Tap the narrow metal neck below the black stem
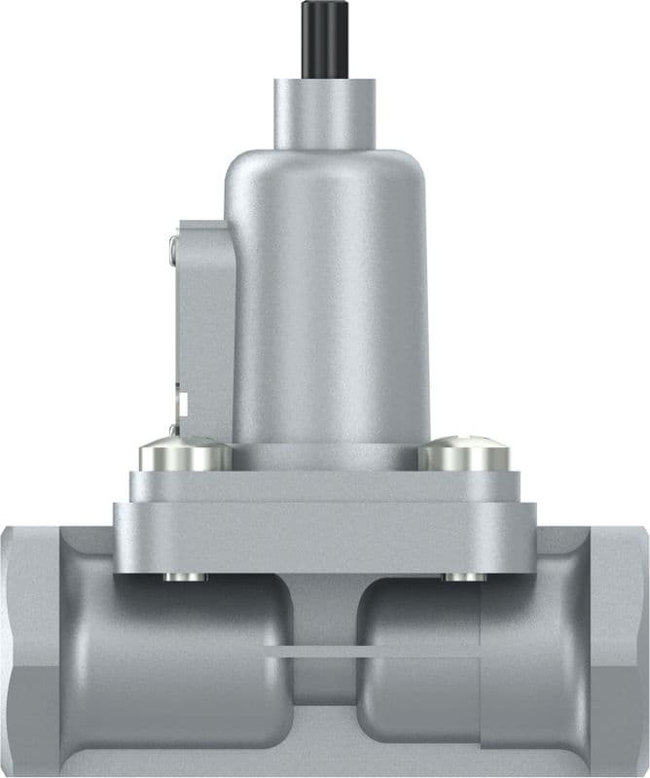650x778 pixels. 324,112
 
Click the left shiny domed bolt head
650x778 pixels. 185,455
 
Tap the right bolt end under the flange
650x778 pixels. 465,578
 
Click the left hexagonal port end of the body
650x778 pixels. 29,652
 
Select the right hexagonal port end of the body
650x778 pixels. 618,652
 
